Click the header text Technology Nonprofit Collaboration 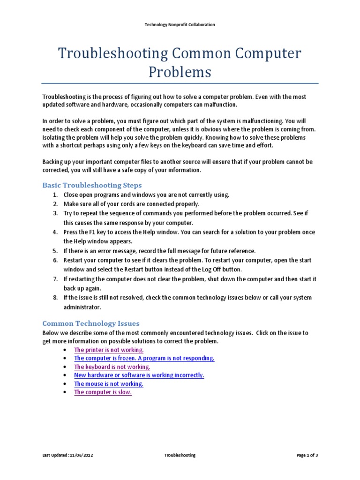pyautogui.click(x=180, y=24)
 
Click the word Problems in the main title pyautogui.click(x=180, y=72)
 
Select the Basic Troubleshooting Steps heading pyautogui.click(x=92, y=185)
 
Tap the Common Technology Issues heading pyautogui.click(x=90, y=323)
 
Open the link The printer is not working pyautogui.click(x=109, y=350)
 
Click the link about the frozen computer pyautogui.click(x=144, y=358)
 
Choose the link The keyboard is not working pyautogui.click(x=112, y=367)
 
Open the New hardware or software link pyautogui.click(x=139, y=375)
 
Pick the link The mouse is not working pyautogui.click(x=109, y=383)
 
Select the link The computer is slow pyautogui.click(x=103, y=392)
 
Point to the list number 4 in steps pyautogui.click(x=55, y=232)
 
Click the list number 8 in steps pyautogui.click(x=55, y=298)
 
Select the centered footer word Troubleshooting pyautogui.click(x=180, y=455)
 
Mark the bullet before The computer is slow pyautogui.click(x=64, y=392)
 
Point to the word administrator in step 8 pyautogui.click(x=82, y=307)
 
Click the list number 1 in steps pyautogui.click(x=55, y=195)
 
